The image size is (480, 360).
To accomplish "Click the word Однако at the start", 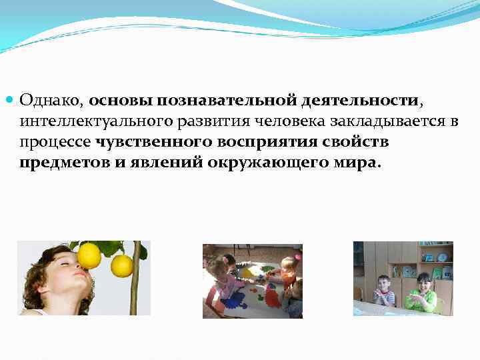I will (x=51, y=101).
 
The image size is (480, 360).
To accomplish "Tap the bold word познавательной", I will (x=227, y=101).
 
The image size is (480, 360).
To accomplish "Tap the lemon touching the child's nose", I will (x=89, y=255).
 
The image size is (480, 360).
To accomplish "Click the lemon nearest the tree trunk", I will (x=121, y=265).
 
